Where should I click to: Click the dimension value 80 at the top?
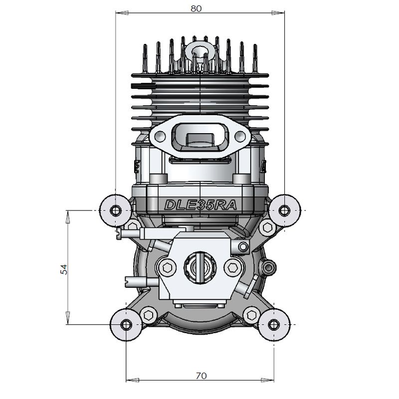(196, 8)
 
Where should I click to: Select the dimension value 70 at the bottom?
(201, 376)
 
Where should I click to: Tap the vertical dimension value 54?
(64, 269)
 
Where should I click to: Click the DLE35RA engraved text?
(200, 205)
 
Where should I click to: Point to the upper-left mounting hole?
(116, 210)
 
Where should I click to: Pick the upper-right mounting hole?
(284, 210)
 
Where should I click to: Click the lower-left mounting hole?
(126, 325)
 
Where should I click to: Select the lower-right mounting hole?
(274, 324)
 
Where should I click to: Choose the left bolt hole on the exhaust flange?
(160, 136)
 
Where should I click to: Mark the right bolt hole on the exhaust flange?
(240, 136)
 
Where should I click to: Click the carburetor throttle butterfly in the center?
(200, 267)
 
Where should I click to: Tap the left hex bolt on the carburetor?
(168, 267)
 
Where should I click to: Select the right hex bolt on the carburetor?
(233, 267)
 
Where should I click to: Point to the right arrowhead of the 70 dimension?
(267, 380)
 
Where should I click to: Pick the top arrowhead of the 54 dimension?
(68, 217)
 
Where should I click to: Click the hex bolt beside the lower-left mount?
(148, 315)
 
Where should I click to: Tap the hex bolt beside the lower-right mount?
(252, 315)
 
